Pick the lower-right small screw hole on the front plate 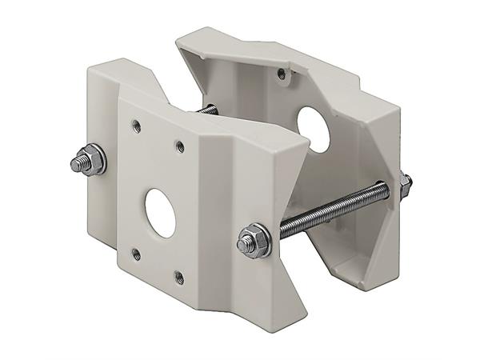[178, 278]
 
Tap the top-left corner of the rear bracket [179, 36]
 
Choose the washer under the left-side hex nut [99, 162]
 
